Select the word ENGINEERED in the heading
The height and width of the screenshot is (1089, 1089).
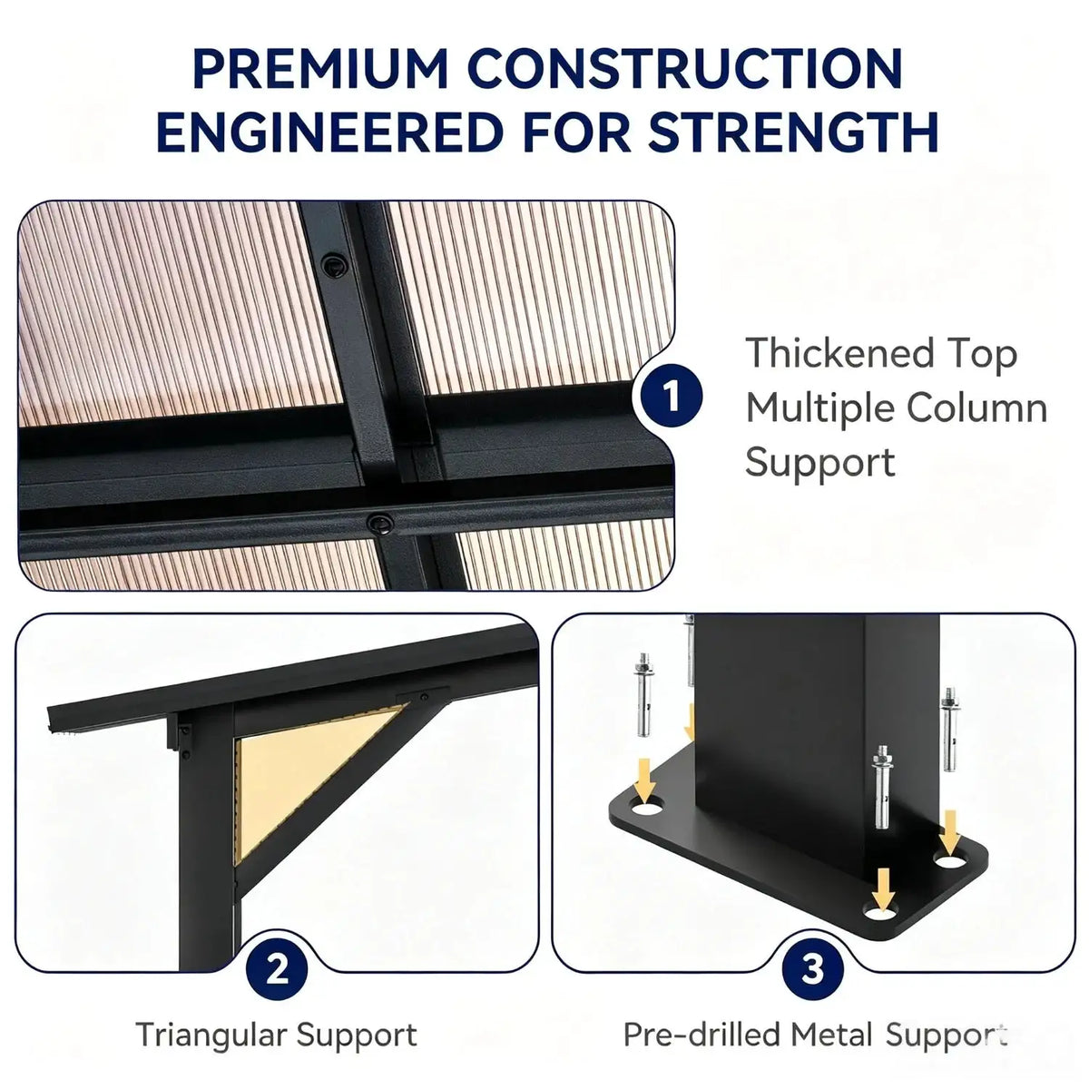coord(329,132)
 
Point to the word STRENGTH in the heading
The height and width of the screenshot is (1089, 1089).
coord(792,132)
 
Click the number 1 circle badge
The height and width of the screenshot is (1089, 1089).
coord(672,397)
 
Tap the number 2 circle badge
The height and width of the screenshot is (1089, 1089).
coord(277,969)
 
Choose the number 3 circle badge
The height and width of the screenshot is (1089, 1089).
coord(812,969)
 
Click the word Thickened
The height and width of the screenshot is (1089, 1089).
coord(839,353)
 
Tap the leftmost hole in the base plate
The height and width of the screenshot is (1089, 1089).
coord(647,809)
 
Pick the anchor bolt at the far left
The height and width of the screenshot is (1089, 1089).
coord(643,694)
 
